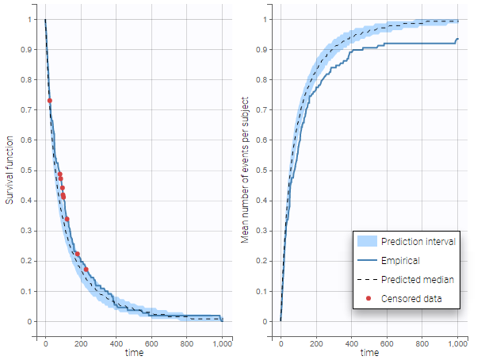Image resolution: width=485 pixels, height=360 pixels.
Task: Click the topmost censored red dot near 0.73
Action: click(50, 101)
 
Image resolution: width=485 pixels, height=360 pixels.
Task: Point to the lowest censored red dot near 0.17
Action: click(86, 270)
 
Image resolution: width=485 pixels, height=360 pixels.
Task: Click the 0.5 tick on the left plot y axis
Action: click(31, 170)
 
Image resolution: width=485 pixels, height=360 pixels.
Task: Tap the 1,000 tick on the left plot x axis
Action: click(222, 343)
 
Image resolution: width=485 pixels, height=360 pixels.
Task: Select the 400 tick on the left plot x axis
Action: click(116, 343)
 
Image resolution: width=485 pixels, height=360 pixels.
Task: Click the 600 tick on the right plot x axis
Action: click(387, 343)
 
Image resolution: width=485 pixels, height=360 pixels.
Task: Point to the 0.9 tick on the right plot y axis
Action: click(266, 49)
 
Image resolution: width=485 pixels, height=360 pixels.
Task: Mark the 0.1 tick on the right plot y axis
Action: click(266, 291)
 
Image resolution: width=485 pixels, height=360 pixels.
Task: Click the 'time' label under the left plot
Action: click(134, 352)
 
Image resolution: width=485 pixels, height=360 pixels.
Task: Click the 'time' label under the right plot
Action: click(369, 352)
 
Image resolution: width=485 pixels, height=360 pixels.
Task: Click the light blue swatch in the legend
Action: click(366, 241)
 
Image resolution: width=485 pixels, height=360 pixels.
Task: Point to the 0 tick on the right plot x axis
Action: click(281, 343)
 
